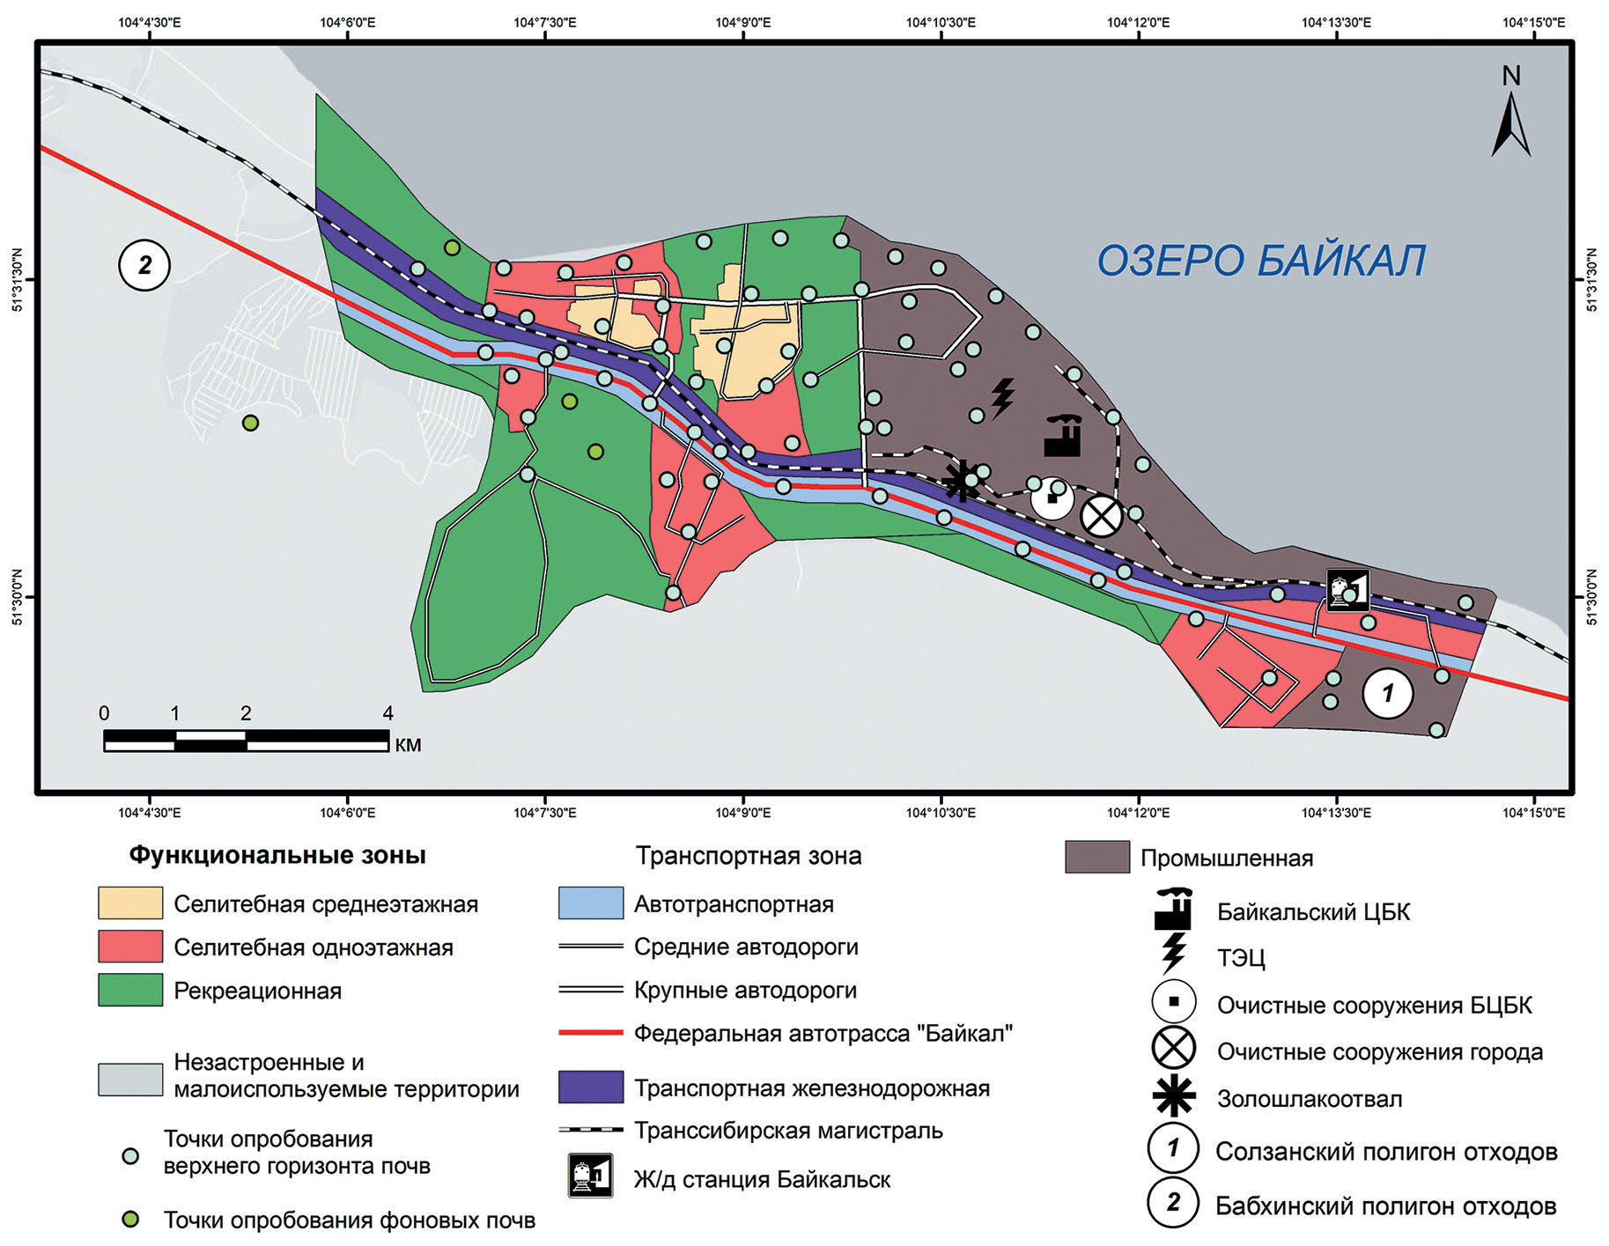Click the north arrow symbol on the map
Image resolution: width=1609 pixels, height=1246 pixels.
(x=1510, y=123)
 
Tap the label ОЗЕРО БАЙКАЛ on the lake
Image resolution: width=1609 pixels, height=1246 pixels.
(x=1260, y=261)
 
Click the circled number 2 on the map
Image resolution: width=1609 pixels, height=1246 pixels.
(x=144, y=265)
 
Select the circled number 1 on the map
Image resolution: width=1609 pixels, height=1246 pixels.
(x=1387, y=693)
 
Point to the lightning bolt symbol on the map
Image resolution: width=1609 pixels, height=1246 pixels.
(x=1002, y=398)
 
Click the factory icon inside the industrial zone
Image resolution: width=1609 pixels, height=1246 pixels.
(x=1062, y=435)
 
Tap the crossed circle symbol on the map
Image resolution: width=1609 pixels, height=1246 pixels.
(x=1101, y=516)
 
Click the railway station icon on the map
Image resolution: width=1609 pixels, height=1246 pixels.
(x=1347, y=590)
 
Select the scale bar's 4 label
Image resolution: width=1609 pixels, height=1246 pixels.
(x=387, y=713)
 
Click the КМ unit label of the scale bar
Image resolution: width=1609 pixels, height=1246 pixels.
(x=408, y=745)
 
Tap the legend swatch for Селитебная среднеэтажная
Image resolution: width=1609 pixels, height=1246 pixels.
(x=130, y=903)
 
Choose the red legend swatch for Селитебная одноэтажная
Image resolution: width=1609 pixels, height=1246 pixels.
(x=130, y=947)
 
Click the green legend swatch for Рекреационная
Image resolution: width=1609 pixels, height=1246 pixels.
(x=130, y=990)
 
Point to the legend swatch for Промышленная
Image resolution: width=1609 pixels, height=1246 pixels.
(x=1096, y=857)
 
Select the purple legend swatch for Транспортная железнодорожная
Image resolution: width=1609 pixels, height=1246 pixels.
(x=590, y=1087)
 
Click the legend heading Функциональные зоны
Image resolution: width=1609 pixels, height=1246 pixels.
(x=277, y=855)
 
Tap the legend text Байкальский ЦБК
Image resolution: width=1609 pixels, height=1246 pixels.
(x=1312, y=912)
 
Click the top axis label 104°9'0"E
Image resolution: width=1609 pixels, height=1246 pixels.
(x=742, y=22)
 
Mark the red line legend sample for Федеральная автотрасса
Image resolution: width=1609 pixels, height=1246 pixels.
(x=590, y=1032)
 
